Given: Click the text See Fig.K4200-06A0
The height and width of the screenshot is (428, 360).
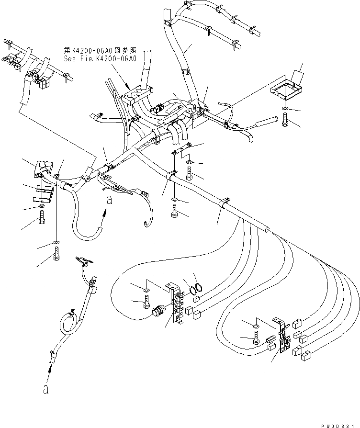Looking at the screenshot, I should (101, 58).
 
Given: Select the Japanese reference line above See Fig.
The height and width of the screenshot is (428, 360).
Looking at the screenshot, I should (101, 50).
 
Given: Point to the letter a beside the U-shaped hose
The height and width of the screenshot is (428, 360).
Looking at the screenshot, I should (110, 201).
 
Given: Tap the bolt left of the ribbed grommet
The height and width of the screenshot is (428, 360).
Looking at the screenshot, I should (146, 303).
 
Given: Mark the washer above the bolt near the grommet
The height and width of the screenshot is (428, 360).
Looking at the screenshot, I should (146, 290).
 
